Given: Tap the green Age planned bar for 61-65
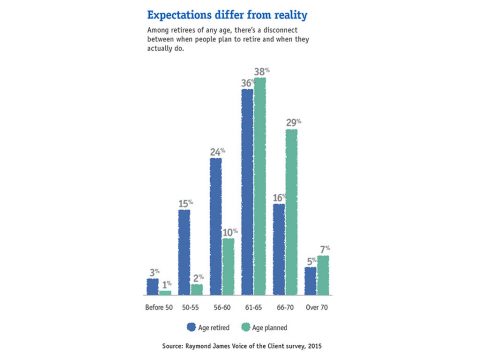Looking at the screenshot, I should coord(260,187).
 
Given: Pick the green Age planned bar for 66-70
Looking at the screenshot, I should coord(290,212).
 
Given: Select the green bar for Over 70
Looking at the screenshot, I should coord(322,275).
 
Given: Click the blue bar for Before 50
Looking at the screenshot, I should coord(153,286).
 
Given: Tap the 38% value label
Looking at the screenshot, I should coord(262,72).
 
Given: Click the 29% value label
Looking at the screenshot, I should coord(292,122).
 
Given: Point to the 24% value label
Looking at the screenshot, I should coord(216,152).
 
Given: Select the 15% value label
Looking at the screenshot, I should coord(185,203).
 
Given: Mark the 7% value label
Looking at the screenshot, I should coord(324,248).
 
